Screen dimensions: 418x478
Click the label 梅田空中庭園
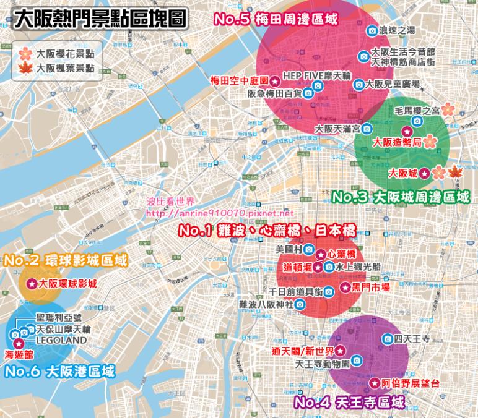[238, 80]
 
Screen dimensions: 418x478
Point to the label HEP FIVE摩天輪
[317, 74]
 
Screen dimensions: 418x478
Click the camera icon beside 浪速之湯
[372, 30]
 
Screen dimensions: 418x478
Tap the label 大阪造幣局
[396, 142]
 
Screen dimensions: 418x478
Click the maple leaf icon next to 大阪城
[454, 173]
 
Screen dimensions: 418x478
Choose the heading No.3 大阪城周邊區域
[401, 197]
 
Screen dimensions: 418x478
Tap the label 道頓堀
[297, 267]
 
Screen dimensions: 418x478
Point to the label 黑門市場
[372, 288]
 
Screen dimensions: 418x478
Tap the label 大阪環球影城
[67, 284]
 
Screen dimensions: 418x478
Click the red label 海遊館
[18, 355]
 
